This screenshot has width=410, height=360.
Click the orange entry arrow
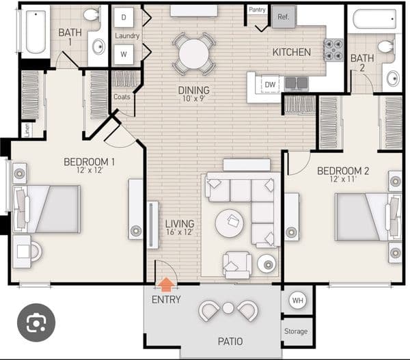click(x=166, y=284)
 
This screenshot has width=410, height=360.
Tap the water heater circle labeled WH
click(x=298, y=300)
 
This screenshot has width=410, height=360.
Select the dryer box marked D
click(x=124, y=17)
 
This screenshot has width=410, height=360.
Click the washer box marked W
click(x=124, y=55)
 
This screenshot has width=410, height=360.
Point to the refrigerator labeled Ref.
click(x=284, y=17)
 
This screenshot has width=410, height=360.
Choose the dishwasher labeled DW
click(x=270, y=85)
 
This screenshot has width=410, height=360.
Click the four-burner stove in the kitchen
click(x=333, y=50)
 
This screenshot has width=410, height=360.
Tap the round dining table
click(x=194, y=54)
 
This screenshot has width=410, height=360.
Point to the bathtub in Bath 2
click(x=374, y=19)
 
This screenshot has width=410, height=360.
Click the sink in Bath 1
click(x=98, y=46)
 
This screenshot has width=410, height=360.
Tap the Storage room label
click(x=296, y=331)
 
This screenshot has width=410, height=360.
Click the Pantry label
click(x=257, y=10)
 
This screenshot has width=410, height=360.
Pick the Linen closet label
click(x=27, y=130)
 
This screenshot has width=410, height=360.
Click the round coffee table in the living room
click(x=230, y=223)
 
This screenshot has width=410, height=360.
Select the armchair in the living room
click(x=237, y=265)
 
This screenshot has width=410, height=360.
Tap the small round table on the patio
click(x=228, y=308)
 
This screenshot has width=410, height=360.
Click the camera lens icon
click(x=36, y=322)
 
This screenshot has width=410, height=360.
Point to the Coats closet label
click(x=122, y=97)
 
